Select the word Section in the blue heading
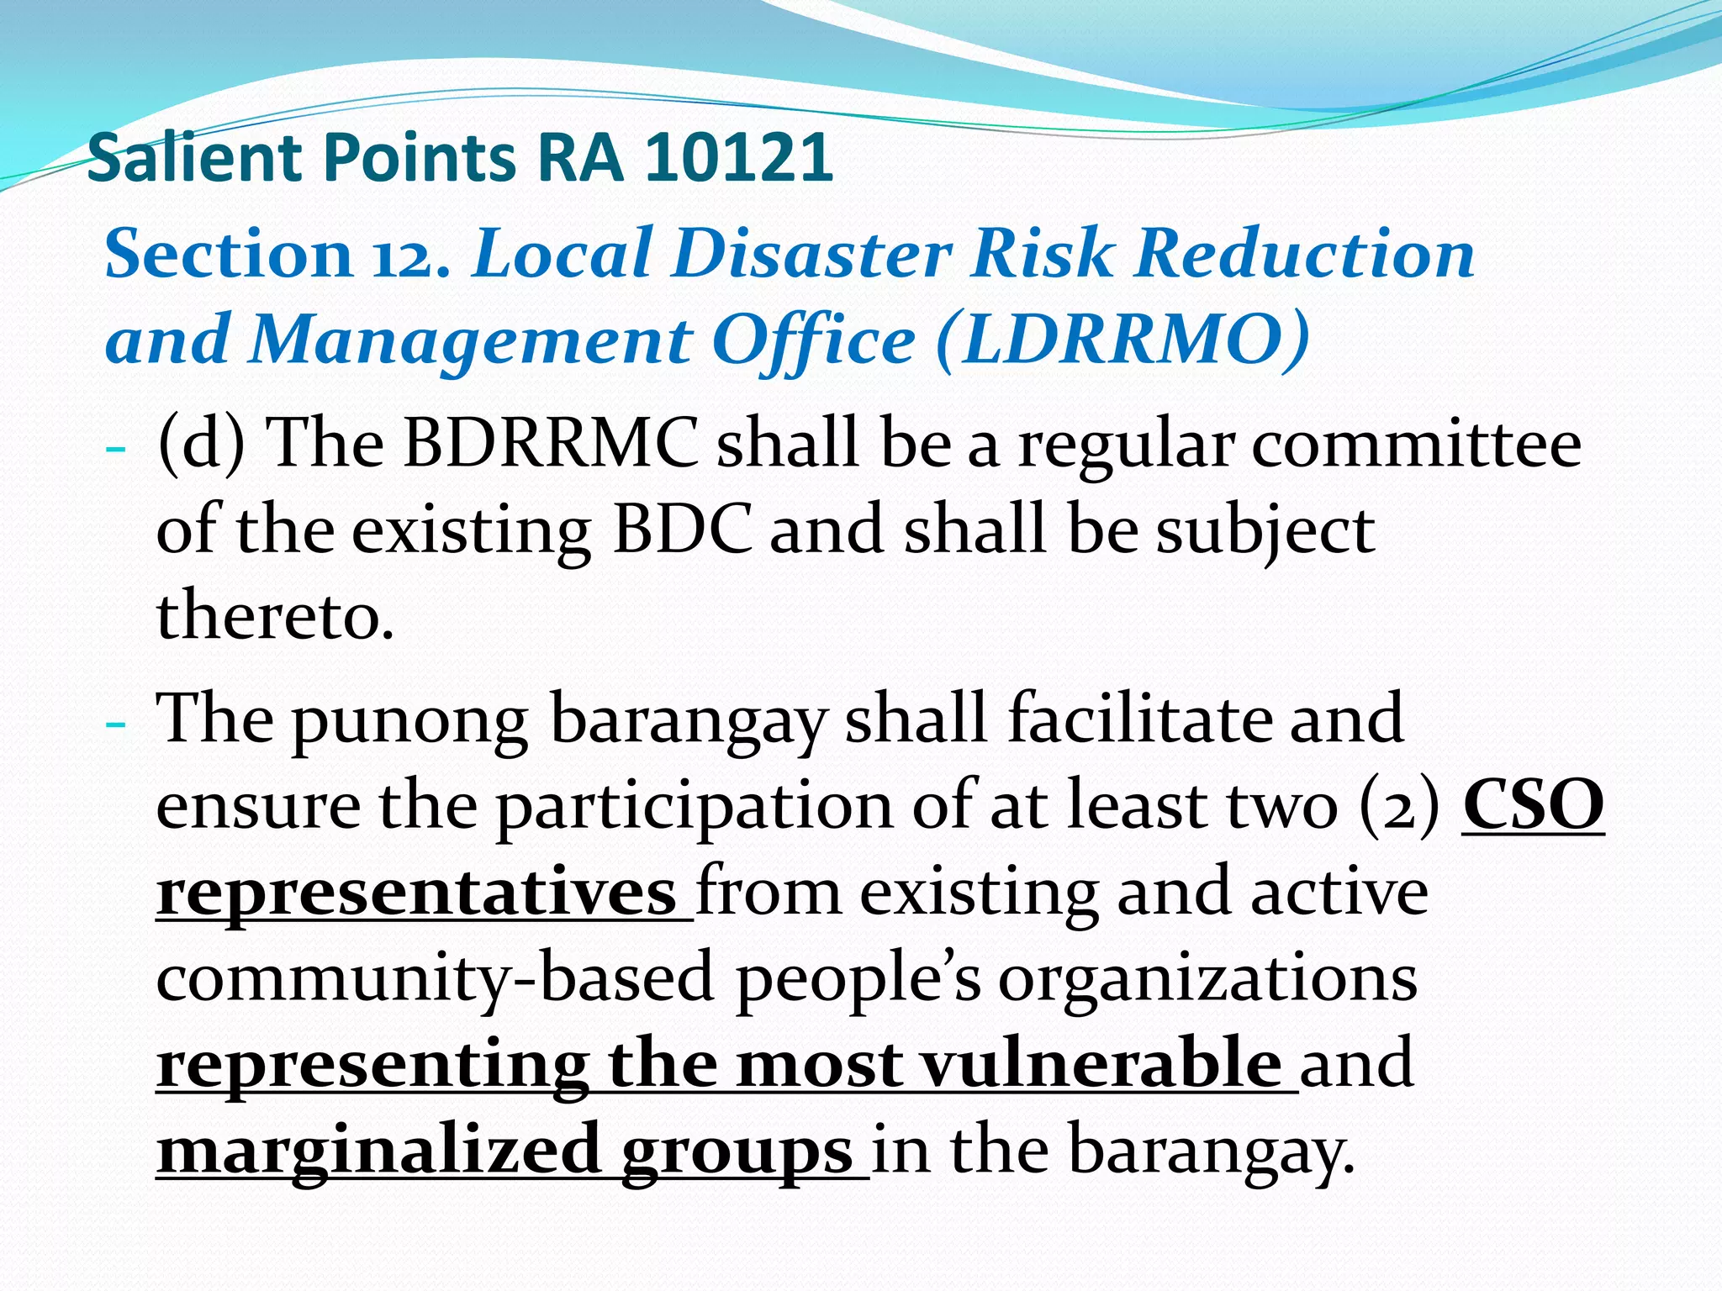pos(228,254)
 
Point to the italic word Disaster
pos(811,254)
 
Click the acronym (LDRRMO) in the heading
pos(1122,340)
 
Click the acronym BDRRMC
pos(551,443)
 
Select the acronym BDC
pos(682,530)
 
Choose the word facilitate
pos(1139,719)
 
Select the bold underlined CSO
pos(1533,805)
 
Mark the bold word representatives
pos(417,893)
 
